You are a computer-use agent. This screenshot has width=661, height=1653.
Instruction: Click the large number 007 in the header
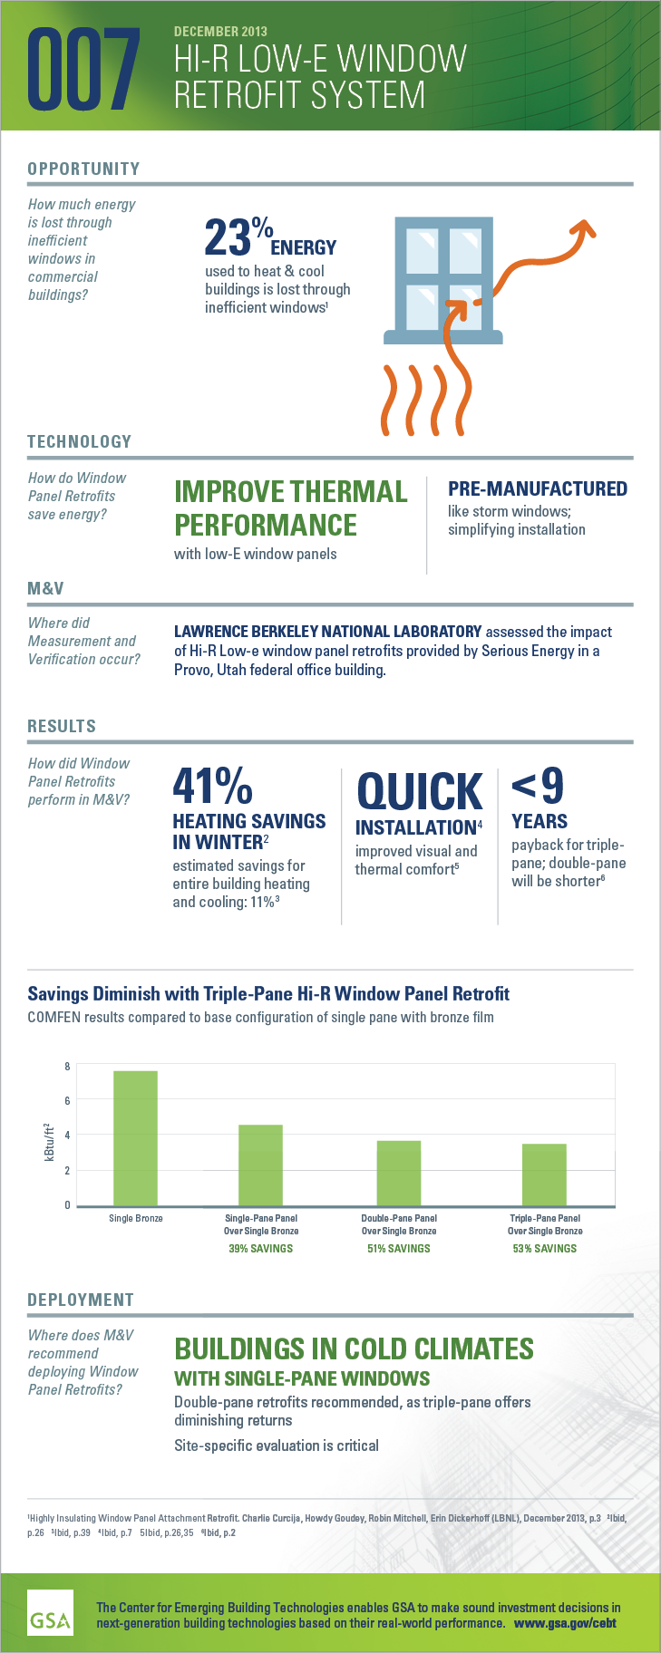pos(84,68)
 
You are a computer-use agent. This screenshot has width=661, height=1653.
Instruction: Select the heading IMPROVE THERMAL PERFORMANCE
pos(290,507)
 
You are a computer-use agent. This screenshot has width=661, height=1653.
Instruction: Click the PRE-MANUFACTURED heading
pos(537,488)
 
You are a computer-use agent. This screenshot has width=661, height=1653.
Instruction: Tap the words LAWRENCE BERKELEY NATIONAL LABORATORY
pos(327,632)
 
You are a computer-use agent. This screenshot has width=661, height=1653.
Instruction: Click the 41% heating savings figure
pos(212,786)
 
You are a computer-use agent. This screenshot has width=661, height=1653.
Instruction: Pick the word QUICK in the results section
pos(419,791)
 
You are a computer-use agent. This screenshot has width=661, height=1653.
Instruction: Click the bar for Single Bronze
pos(135,1138)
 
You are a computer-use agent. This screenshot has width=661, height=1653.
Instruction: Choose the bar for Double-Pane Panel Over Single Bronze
pos(399,1173)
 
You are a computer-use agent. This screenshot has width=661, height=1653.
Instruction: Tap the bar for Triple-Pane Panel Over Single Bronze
pos(544,1174)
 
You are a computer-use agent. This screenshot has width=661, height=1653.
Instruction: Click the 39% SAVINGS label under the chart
pos(261,1249)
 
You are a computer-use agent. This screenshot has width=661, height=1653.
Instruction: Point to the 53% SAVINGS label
pos(544,1249)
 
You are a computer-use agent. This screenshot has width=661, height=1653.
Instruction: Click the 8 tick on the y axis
pos(67,1066)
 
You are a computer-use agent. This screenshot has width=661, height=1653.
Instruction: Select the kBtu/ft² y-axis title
pos(50,1143)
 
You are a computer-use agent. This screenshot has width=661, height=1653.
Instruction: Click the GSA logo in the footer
pos(50,1610)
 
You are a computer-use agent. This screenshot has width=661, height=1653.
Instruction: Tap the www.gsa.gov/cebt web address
pos(565,1623)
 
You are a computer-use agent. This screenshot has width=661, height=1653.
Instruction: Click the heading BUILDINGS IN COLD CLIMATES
pos(354,1348)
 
